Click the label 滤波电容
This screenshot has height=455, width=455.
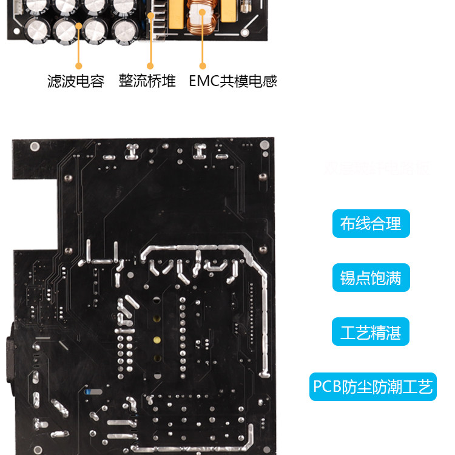point(76,81)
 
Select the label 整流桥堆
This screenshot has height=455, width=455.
point(147,81)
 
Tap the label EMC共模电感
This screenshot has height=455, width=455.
point(233,81)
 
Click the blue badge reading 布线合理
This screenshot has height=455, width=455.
point(371,223)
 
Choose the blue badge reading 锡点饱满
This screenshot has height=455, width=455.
point(371,278)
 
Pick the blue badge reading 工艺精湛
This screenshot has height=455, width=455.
point(371,332)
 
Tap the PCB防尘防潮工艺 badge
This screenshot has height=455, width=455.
point(373,386)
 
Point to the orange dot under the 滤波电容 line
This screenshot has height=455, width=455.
point(78,66)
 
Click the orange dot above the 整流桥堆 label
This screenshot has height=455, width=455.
point(150,66)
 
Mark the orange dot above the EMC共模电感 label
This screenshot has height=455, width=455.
point(203,66)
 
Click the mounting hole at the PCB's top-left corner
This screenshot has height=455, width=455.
point(35,146)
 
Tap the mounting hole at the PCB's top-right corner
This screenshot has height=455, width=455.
point(263,145)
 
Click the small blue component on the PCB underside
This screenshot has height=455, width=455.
point(90,392)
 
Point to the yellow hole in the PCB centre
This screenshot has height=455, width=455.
point(157,340)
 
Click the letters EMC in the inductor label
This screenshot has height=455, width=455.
point(203,81)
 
